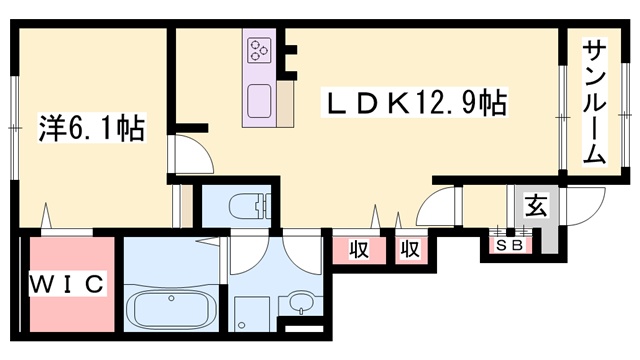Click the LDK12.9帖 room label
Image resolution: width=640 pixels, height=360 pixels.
tap(415, 102)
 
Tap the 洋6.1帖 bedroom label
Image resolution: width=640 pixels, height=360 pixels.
tap(91, 128)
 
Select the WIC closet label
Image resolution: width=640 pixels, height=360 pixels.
tap(67, 283)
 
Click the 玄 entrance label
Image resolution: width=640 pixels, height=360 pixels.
tap(535, 205)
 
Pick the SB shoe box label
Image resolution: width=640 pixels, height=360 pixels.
tap(511, 245)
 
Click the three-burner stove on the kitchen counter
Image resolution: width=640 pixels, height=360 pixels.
tap(259, 50)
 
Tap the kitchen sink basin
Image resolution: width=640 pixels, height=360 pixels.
tap(259, 101)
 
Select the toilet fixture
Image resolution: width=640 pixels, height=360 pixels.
tap(250, 206)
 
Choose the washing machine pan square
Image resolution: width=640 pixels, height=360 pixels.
tap(251, 313)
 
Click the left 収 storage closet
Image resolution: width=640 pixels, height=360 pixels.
tap(359, 249)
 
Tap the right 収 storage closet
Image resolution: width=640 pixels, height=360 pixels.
tap(411, 249)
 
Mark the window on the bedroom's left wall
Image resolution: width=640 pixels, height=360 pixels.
tap(15, 127)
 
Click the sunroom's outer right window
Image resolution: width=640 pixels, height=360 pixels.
tap(625, 115)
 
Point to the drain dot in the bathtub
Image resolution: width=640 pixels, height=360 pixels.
tap(171, 298)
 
